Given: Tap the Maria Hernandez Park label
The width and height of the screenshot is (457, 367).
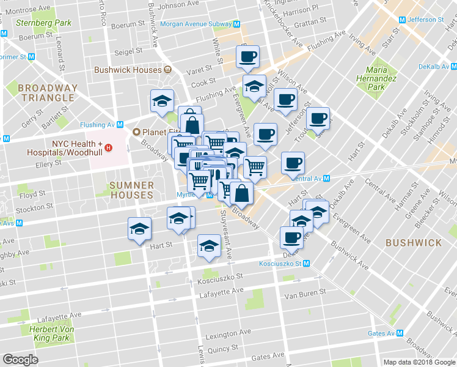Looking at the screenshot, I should click(x=377, y=78).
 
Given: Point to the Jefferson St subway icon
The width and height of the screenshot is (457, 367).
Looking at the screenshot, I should click(x=401, y=20).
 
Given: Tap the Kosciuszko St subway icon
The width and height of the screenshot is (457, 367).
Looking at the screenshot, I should click(x=307, y=264).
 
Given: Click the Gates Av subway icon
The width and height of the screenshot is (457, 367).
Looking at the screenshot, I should click(x=400, y=333).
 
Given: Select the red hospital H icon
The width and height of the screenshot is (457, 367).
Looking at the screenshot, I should click(x=108, y=147).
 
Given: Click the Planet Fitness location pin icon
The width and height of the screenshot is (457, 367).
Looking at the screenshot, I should click(x=137, y=132).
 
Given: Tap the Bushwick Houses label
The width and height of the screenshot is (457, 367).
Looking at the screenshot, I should click(x=127, y=70).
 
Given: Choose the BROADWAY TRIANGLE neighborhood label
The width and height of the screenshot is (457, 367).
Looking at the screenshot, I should click(x=48, y=93).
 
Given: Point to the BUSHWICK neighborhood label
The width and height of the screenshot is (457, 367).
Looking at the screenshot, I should click(x=413, y=243).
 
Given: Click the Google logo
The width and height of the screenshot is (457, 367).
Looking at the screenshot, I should click(x=20, y=360).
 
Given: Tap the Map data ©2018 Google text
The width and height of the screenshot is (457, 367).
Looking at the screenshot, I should click(x=419, y=362).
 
